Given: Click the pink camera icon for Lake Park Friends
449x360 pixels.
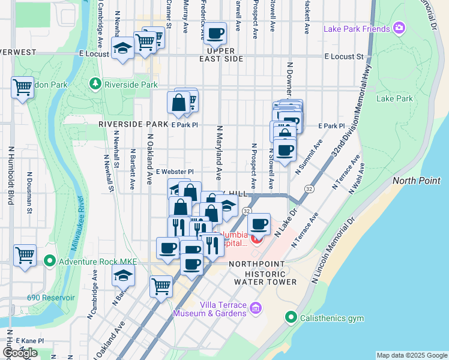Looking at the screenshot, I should (399, 28).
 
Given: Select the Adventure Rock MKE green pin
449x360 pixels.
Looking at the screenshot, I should (49, 261).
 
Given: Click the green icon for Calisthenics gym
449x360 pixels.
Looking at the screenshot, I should (291, 316).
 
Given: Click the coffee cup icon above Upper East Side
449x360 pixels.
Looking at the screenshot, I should (215, 34).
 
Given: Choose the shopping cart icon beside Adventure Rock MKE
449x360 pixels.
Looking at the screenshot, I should (25, 256).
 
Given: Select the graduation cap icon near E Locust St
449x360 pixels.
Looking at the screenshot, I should (122, 48).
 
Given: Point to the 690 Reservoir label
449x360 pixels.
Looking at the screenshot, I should (51, 298).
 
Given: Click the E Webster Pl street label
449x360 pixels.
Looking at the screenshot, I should (174, 172).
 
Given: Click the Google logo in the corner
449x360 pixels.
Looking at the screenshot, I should (20, 353).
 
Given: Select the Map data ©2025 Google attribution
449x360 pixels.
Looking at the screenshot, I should (411, 355).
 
